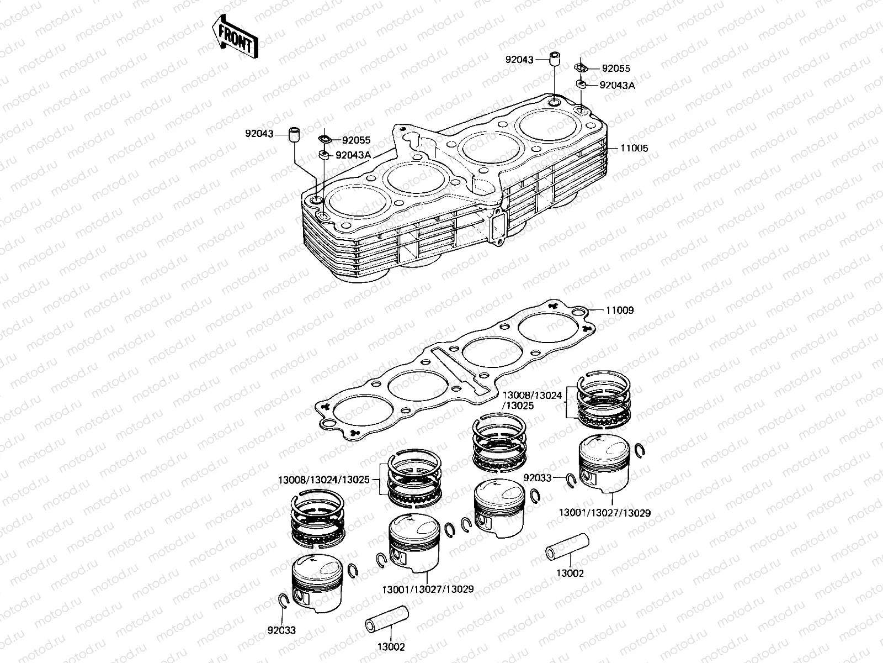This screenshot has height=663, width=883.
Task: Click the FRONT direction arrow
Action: point(236,37)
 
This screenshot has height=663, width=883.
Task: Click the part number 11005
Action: point(634,148)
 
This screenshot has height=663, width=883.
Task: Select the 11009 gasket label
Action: point(620,310)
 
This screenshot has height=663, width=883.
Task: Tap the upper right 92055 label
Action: point(615,69)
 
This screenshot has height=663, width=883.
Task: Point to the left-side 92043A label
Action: point(353,155)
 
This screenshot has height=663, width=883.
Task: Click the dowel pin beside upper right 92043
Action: point(555,59)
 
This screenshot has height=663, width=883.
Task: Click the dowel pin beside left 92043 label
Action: point(296,134)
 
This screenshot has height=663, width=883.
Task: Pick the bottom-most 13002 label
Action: point(391,647)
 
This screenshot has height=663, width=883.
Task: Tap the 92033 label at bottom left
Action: point(281,630)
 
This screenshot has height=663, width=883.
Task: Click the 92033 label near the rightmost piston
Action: point(537,477)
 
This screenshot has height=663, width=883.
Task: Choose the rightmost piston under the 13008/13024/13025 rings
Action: point(604,463)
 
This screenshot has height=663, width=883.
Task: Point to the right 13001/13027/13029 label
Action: point(604,513)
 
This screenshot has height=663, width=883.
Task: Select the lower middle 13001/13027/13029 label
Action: point(427,590)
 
